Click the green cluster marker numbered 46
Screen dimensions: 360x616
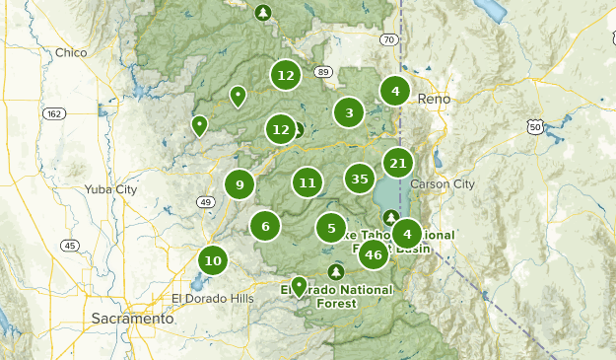(373, 254)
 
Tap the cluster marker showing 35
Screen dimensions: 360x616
(360, 179)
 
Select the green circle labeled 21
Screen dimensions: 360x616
(398, 163)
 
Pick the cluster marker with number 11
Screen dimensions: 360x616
(308, 181)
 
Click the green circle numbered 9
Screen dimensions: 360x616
(240, 183)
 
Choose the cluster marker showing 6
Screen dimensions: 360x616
(265, 226)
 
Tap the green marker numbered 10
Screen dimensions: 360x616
(213, 260)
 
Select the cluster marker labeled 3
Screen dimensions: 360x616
(349, 113)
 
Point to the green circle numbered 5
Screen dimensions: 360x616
(331, 228)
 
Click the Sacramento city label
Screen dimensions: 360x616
(132, 319)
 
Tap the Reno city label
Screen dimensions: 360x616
(434, 100)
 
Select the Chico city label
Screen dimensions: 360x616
(72, 52)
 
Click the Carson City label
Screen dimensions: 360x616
(449, 184)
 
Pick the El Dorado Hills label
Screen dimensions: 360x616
(212, 298)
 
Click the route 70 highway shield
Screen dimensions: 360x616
(389, 39)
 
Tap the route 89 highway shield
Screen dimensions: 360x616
(323, 72)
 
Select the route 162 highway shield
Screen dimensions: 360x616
(54, 114)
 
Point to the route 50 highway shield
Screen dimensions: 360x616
(535, 127)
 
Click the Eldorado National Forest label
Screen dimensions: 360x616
(337, 296)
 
